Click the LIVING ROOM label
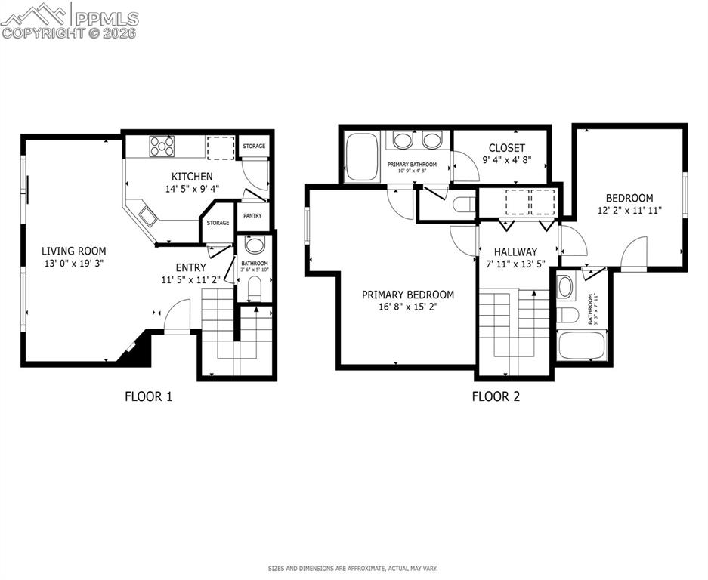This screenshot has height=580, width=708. point(73,251)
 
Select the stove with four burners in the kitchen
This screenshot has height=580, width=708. point(162,146)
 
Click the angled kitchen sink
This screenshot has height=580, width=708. point(147,217)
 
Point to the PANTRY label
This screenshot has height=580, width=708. point(252,216)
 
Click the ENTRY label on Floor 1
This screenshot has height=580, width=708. point(190,267)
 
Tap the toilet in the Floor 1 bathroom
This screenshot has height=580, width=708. point(255,288)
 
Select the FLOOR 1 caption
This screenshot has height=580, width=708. point(148,396)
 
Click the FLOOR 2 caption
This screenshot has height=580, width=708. point(496,396)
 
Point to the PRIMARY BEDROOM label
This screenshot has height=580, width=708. point(407,295)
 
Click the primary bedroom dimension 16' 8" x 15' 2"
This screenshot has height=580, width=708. point(407,307)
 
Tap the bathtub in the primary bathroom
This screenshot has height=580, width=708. point(362,157)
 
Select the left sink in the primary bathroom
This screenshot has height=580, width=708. point(403,140)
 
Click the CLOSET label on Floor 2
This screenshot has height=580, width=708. point(506,148)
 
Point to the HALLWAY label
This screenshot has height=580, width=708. point(515,251)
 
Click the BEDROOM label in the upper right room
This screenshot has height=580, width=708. point(629,198)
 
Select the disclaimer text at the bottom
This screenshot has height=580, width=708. point(353,568)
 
